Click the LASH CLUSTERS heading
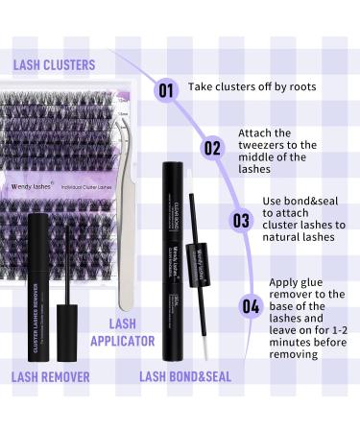(x=55, y=64)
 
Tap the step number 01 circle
(x=166, y=90)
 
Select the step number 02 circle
(x=212, y=149)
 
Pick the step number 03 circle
(x=240, y=219)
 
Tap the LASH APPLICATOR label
(x=122, y=332)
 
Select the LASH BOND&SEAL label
(x=185, y=376)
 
